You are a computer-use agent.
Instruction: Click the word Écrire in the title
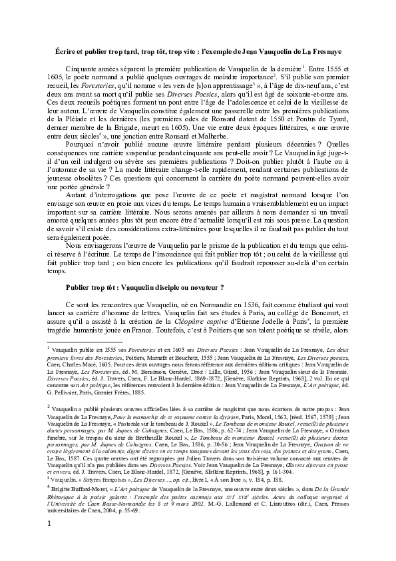point(64,51)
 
